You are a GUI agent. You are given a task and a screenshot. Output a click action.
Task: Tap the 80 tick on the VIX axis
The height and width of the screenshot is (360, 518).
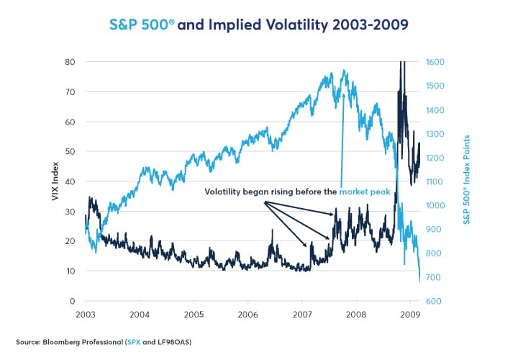pyautogui.click(x=71, y=62)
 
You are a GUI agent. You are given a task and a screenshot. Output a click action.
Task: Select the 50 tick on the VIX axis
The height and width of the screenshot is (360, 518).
pyautogui.click(x=71, y=152)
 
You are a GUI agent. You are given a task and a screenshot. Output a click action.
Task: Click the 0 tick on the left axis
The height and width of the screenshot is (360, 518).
pyautogui.click(x=73, y=301)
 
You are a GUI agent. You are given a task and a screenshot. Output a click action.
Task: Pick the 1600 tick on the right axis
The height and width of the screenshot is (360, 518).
pyautogui.click(x=436, y=62)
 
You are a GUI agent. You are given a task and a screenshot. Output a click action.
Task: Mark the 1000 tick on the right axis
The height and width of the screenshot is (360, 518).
pyautogui.click(x=436, y=205)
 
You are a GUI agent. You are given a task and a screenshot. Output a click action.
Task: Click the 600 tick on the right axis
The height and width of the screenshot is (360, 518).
pyautogui.click(x=434, y=301)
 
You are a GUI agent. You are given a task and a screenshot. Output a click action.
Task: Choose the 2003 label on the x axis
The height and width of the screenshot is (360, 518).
pyautogui.click(x=85, y=315)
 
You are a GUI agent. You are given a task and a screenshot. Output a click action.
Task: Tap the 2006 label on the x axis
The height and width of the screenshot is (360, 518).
pyautogui.click(x=247, y=315)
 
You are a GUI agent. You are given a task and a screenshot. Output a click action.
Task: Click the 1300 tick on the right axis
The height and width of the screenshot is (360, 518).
pyautogui.click(x=436, y=134)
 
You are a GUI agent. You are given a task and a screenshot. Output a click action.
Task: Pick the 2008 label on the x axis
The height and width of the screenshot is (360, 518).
pyautogui.click(x=355, y=315)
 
